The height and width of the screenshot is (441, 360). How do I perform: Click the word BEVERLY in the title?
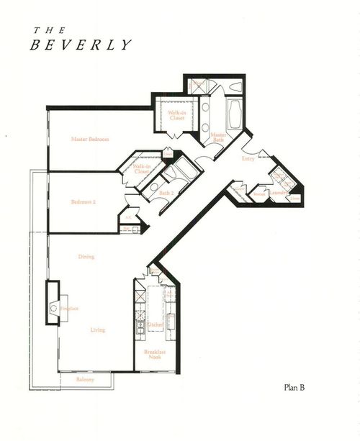[81, 45]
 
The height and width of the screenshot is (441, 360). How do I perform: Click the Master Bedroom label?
[89, 139]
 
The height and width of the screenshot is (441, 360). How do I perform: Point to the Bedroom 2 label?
[84, 202]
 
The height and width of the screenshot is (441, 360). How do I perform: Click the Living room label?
[97, 330]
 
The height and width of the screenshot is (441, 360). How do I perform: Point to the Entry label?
[248, 159]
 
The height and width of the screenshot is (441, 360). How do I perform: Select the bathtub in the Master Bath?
[236, 114]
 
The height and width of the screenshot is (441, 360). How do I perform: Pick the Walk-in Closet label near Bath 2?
[141, 170]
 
